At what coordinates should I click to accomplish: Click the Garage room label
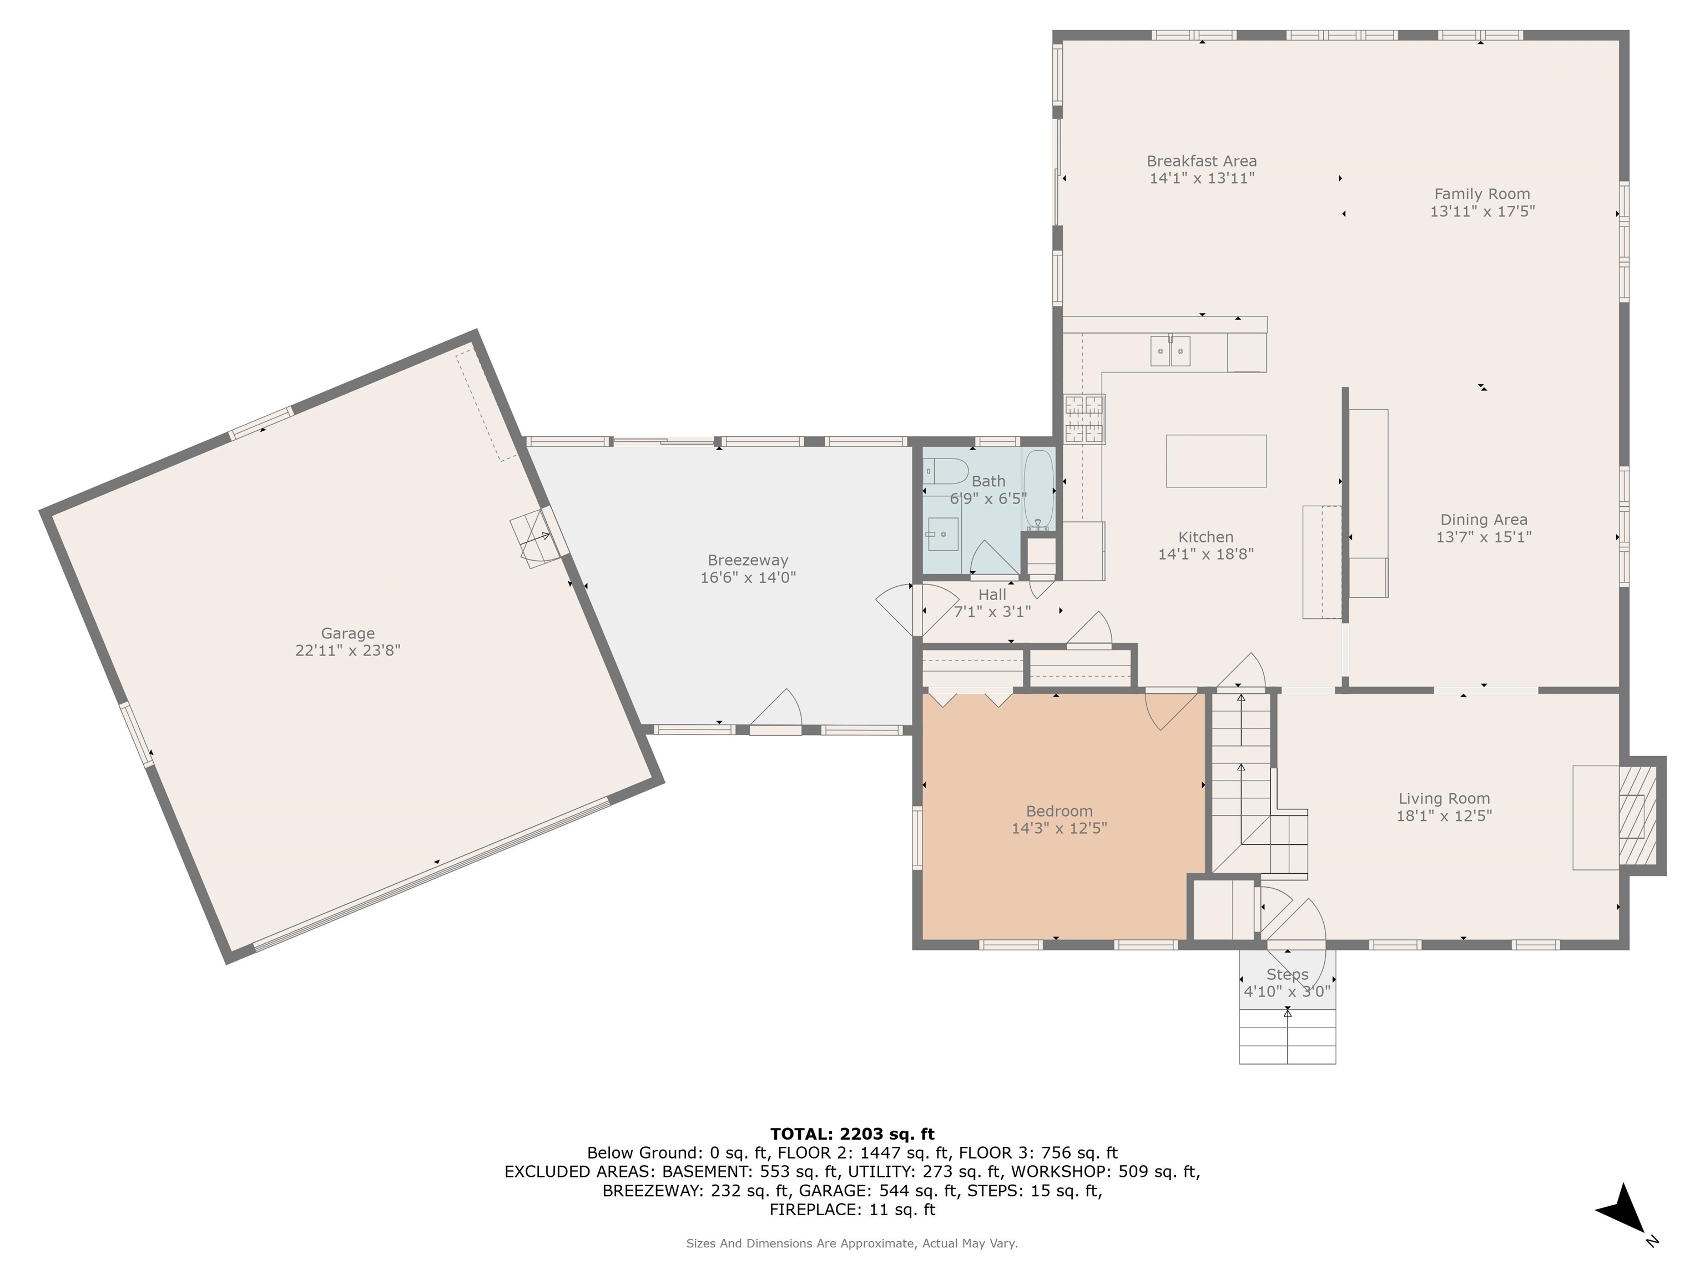point(347,633)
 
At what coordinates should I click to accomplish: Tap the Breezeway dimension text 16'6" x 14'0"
point(748,577)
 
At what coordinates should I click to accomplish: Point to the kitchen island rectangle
point(1215,461)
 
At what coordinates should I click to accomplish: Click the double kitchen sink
point(1170,351)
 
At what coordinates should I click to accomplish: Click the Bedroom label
point(1058,811)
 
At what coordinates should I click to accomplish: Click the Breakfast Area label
point(1201,161)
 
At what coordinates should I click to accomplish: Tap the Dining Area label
point(1483,520)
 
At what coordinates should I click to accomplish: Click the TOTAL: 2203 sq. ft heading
point(852,1134)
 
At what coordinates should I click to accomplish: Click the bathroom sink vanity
point(942,534)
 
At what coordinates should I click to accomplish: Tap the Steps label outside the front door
point(1287,974)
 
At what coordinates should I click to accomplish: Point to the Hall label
point(992,595)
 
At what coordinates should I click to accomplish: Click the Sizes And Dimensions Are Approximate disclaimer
point(852,1243)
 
